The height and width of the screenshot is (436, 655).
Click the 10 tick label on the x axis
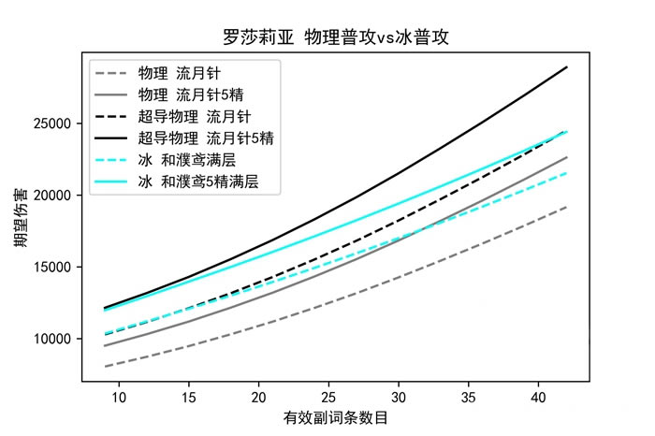tap(119, 399)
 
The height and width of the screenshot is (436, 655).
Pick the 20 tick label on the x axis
tap(259, 399)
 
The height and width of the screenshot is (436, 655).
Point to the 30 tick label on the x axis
tap(399, 399)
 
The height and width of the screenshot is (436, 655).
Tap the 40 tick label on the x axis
tap(539, 399)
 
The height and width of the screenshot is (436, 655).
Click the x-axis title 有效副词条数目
tap(337, 417)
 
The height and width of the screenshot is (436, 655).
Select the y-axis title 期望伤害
tap(20, 223)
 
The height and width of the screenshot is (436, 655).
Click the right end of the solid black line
tap(567, 67)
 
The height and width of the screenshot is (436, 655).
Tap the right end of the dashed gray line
tap(567, 207)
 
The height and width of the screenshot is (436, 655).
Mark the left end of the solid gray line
tap(105, 346)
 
